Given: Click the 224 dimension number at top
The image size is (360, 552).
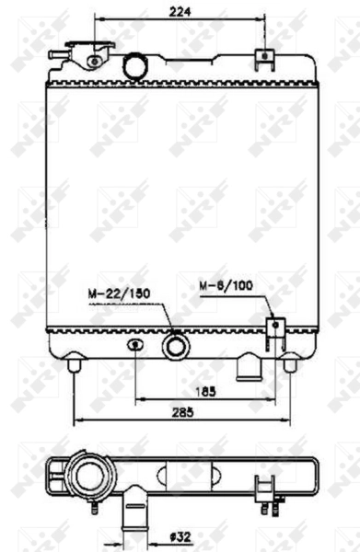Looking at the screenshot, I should point(180,11).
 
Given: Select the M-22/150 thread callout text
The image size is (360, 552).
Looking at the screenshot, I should point(119,293).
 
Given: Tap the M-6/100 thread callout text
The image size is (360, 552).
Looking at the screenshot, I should point(225,285).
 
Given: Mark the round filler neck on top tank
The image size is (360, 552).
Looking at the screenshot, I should point(135,65).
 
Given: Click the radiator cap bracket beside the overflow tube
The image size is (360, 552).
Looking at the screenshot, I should point(93,62).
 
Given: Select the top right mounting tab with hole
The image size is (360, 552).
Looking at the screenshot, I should point(264,57).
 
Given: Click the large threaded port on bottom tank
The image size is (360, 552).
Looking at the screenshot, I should point(174,347).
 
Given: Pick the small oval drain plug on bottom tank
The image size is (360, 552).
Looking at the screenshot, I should point(135,345).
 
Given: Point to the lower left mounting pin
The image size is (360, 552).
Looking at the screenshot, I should point(75,365).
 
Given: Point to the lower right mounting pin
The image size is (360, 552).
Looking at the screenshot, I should point(289,364).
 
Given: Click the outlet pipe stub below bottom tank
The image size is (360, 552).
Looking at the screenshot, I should point(249,367).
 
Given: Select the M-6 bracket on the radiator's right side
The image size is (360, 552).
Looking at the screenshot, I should point(273,329).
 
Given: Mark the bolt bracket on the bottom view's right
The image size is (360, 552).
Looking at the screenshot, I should point(268,491).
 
